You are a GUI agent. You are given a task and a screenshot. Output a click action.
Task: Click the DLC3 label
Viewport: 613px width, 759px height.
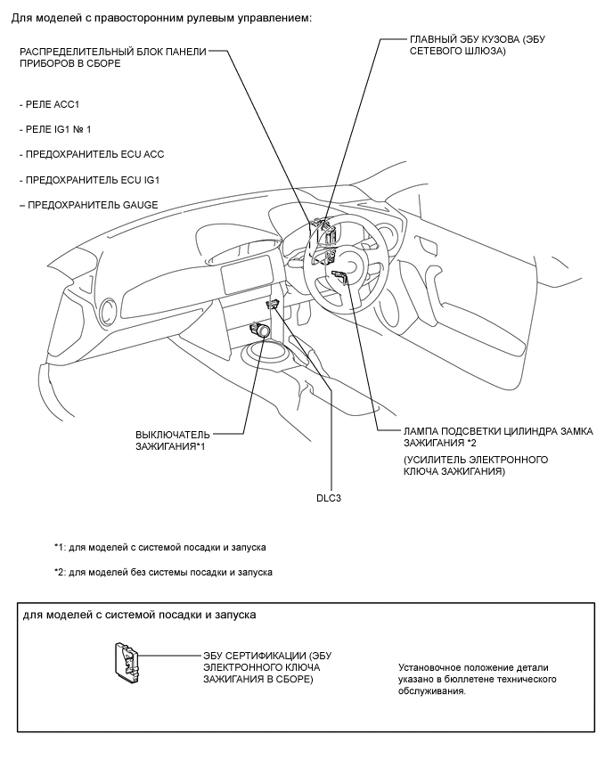330,499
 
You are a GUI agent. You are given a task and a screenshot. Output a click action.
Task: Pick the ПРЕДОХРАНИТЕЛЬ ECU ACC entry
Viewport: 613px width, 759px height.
95,154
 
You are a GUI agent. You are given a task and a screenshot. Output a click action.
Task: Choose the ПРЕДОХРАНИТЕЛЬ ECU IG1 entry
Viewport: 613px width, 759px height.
94,180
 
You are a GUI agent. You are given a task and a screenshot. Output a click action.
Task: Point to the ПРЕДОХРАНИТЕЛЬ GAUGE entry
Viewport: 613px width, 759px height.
93,205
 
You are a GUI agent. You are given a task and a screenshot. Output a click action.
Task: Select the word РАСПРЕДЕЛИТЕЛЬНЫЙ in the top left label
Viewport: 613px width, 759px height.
79,52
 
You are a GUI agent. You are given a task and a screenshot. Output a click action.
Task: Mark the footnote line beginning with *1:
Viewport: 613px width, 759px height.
159,547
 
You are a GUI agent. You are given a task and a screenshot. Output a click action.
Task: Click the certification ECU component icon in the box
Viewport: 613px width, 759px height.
126,664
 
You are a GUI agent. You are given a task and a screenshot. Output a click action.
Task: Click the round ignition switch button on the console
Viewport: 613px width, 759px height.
265,331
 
